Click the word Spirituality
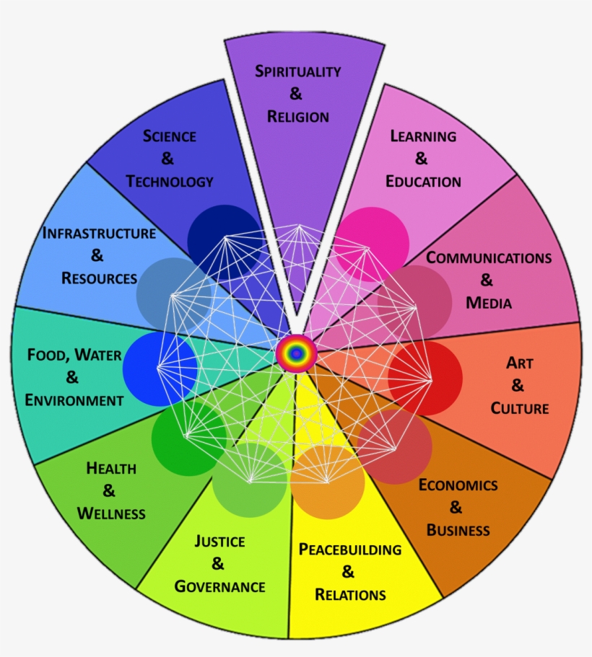point(297,71)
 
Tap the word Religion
point(297,116)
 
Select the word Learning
point(423,136)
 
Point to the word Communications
point(488,257)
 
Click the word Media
point(488,303)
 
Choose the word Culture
point(519,408)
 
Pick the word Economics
point(458,485)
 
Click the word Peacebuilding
point(349,550)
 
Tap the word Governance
point(219,586)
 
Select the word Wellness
point(110,513)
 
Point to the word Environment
point(74,400)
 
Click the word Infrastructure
point(99,233)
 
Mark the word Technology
point(170,181)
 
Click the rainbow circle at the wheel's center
point(296,353)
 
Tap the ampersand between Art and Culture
point(518,385)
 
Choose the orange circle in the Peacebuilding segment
point(327,482)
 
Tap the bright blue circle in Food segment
point(160,369)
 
